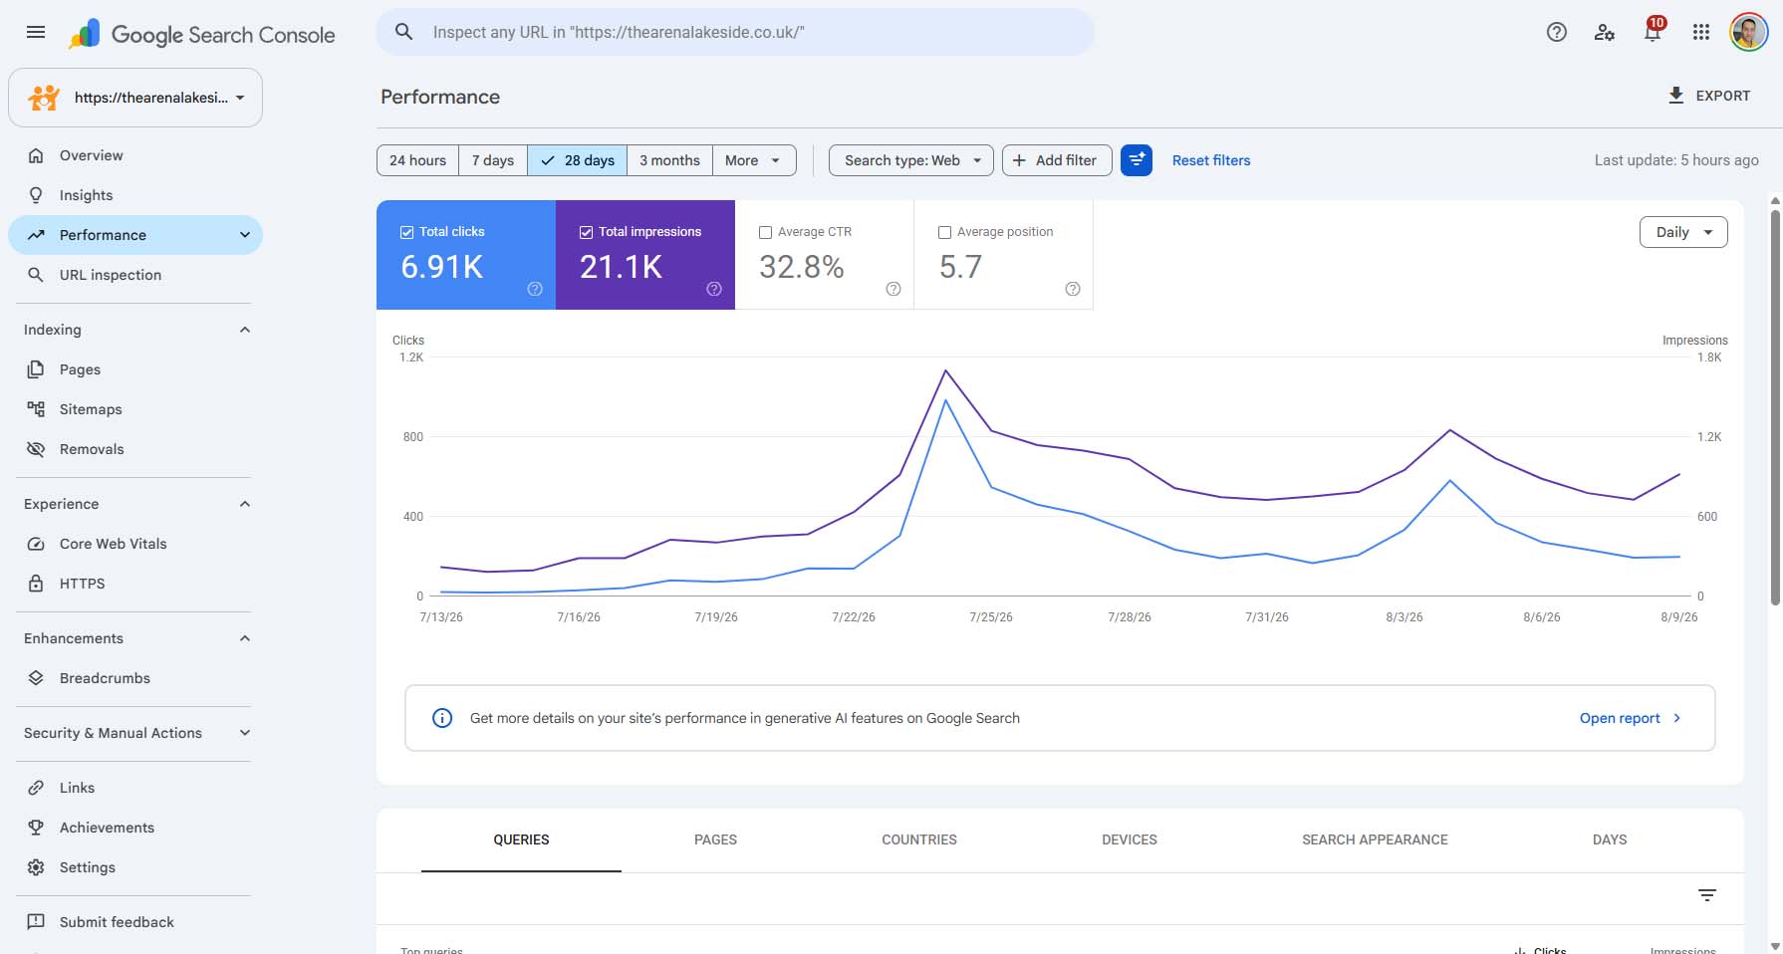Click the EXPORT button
tap(1709, 96)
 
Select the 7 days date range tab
tap(493, 160)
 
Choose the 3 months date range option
tap(669, 160)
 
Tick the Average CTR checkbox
tap(766, 232)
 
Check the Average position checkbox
tap(945, 232)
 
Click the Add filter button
tap(1057, 160)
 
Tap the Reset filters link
tap(1211, 160)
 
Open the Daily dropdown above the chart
tap(1683, 232)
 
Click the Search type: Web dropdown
tap(911, 160)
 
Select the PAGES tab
tap(715, 839)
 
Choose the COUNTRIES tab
tap(919, 839)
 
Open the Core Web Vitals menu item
tap(113, 544)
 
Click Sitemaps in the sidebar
tap(91, 409)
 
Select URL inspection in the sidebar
tap(110, 275)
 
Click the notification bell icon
tap(1653, 32)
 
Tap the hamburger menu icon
tap(36, 32)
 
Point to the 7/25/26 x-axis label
tap(991, 617)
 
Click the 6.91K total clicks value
tap(442, 267)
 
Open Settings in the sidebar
tap(87, 867)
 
